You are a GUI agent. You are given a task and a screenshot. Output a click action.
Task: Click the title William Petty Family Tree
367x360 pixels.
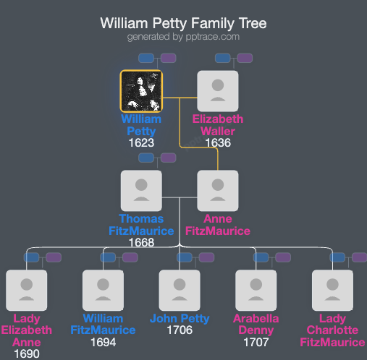[x=183, y=23]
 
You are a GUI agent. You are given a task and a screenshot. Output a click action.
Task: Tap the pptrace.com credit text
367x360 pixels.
[x=183, y=36]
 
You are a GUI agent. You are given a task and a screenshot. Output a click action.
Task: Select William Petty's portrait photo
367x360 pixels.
[x=141, y=91]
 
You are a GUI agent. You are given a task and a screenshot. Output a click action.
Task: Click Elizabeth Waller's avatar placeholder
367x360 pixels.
[x=218, y=91]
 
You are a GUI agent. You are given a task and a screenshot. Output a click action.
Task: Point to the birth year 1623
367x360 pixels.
[x=141, y=143]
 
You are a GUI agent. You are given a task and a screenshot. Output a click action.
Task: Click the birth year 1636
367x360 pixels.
[x=218, y=143]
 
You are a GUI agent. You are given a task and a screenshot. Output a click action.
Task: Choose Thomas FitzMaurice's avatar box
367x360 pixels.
[x=141, y=191]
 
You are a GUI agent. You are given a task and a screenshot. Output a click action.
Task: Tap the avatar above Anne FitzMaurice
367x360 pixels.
[x=218, y=191]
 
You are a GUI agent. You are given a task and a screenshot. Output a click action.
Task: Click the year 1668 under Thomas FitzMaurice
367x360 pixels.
[x=141, y=243]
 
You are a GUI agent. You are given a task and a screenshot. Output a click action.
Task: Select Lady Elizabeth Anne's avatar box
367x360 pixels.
[x=26, y=291]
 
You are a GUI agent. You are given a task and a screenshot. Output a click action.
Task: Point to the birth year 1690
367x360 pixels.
[x=26, y=353]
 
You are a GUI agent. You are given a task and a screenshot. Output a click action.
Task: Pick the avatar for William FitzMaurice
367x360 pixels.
[x=103, y=291]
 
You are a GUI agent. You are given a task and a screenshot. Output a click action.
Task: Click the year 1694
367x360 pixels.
[x=103, y=343]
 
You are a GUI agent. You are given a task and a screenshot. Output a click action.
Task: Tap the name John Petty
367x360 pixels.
[x=180, y=319]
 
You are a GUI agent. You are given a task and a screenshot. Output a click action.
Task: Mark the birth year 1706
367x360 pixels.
[x=180, y=330]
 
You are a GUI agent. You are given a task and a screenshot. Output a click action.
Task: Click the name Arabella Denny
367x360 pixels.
[x=256, y=325]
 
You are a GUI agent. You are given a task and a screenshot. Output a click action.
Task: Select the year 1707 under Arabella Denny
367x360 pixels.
[x=256, y=343]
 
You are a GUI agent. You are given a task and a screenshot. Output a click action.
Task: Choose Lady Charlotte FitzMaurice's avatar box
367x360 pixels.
[x=333, y=291]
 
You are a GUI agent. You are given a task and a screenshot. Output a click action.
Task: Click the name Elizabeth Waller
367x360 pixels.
[x=218, y=125]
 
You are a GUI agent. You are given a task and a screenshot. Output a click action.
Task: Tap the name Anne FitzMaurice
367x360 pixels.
[x=218, y=225]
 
